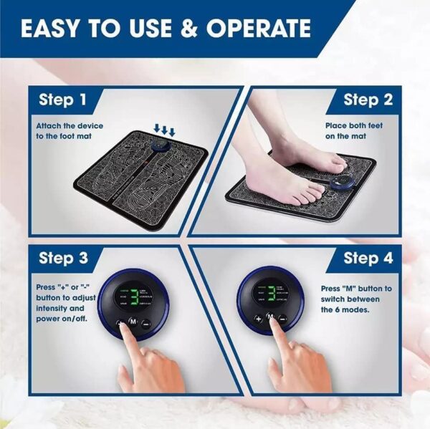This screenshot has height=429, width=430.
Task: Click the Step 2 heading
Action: tap(368, 100)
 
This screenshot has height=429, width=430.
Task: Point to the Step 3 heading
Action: tap(64, 258)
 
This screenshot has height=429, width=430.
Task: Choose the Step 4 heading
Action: tap(368, 257)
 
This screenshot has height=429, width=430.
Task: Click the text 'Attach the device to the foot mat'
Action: tap(70, 130)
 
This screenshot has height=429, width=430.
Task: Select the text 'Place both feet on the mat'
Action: tap(355, 130)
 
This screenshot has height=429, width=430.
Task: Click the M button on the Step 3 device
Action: tap(133, 321)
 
